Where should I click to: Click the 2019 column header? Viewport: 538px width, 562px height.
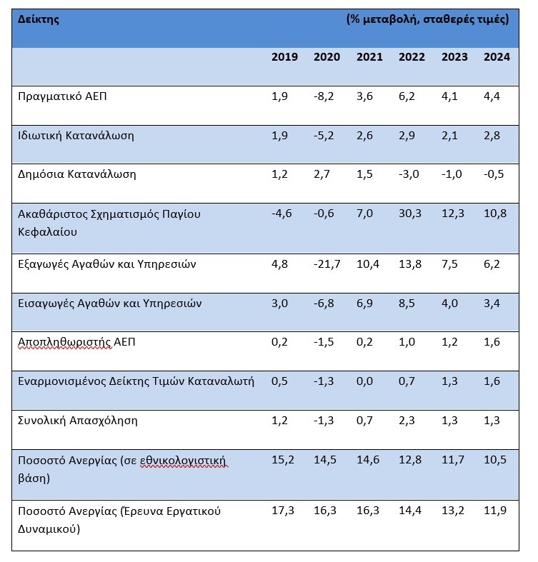point(284,57)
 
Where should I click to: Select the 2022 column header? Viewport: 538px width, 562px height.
point(412,57)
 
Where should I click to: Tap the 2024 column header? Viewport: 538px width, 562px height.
point(497,57)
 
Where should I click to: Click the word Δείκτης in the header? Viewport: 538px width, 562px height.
point(39,19)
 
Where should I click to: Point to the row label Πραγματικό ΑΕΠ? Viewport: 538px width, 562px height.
point(62,96)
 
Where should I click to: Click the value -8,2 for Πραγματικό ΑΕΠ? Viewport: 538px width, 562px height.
point(324,96)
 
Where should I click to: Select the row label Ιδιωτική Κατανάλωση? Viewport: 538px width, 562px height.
point(76,136)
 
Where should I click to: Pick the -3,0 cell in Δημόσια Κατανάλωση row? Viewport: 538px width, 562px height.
point(409,174)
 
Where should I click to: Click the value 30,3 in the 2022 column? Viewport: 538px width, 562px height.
point(410,214)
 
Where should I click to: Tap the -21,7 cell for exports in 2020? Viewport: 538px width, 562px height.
point(327,264)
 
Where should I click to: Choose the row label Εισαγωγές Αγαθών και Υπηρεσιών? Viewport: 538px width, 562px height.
point(110,303)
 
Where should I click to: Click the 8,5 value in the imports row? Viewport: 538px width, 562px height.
point(407,303)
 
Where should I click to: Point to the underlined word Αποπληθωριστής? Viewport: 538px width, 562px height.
point(64,342)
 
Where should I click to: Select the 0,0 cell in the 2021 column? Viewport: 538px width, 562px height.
point(364,381)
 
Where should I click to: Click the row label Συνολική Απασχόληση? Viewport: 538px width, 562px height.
point(78,421)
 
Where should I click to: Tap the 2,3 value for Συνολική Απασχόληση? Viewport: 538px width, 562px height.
point(407,421)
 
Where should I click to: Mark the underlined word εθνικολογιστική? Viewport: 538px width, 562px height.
point(184,461)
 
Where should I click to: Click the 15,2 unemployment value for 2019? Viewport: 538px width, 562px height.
point(283,460)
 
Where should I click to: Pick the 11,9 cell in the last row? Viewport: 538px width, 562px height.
point(495,511)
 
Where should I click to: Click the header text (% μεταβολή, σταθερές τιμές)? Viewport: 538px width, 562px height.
point(427,19)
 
